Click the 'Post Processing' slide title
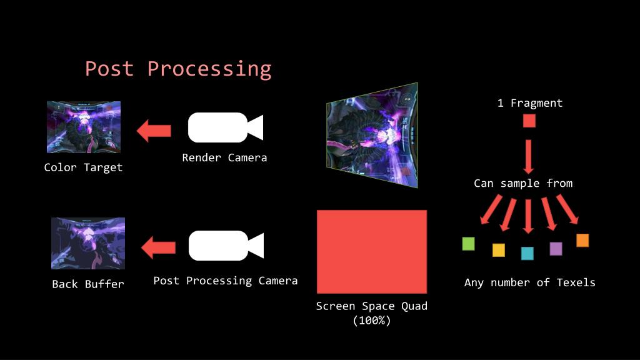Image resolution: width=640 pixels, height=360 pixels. click(178, 69)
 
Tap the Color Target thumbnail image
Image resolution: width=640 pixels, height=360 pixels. click(84, 127)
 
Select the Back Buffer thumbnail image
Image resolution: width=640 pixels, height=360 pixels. click(88, 243)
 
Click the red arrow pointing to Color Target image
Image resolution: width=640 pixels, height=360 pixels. click(154, 131)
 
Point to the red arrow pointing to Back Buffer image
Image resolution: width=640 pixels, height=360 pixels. click(158, 247)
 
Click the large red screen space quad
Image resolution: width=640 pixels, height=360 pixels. click(372, 252)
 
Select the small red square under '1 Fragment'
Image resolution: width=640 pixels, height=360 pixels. click(529, 121)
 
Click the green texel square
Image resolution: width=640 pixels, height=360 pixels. click(468, 244)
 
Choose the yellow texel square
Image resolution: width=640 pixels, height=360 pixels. click(498, 250)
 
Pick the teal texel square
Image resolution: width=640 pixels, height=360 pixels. click(527, 253)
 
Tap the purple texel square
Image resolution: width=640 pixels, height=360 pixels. click(556, 249)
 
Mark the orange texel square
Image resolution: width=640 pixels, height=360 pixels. click(582, 241)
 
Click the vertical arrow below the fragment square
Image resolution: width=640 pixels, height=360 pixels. click(529, 156)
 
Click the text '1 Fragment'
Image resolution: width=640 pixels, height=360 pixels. click(530, 103)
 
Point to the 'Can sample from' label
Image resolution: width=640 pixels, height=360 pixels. click(523, 183)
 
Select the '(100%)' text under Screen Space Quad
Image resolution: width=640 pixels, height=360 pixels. click(371, 321)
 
